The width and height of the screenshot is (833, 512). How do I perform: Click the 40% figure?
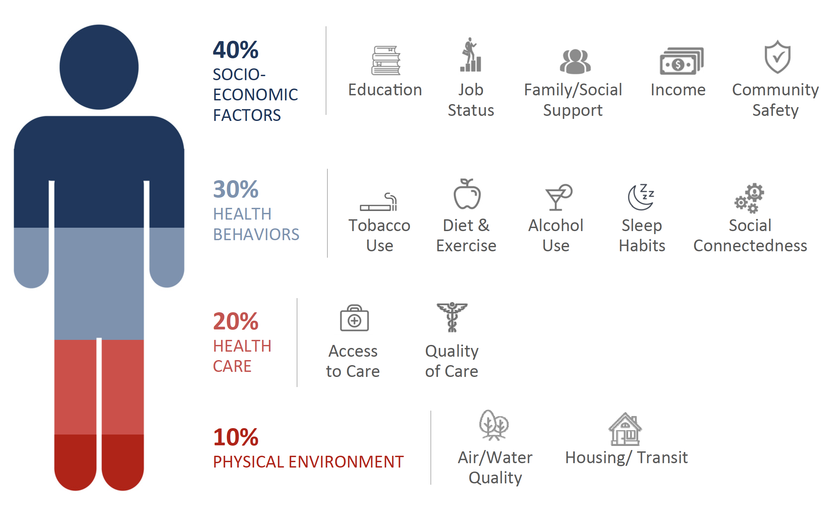pos(236,50)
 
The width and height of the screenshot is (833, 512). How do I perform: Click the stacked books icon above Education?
pos(386,60)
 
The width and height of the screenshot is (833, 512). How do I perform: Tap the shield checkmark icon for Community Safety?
pos(777,57)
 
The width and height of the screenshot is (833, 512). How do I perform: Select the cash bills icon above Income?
pos(681,61)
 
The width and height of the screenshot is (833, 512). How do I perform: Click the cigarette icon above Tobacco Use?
pos(378,202)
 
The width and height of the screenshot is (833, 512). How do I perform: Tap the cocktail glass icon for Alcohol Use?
pos(558,197)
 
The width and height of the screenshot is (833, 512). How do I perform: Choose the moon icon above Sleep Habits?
pos(641,197)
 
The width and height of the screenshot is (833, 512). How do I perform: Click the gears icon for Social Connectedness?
pos(749,198)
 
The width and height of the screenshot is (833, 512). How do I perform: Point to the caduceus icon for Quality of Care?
pos(452,317)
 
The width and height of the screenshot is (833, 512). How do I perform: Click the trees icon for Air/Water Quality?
pos(494,425)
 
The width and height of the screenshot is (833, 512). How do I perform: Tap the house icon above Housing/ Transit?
pos(625,429)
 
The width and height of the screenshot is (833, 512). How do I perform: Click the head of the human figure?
pos(99,67)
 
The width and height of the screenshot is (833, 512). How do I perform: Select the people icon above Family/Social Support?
pos(575,61)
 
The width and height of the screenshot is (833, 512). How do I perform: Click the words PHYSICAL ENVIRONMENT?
pos(308,462)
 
